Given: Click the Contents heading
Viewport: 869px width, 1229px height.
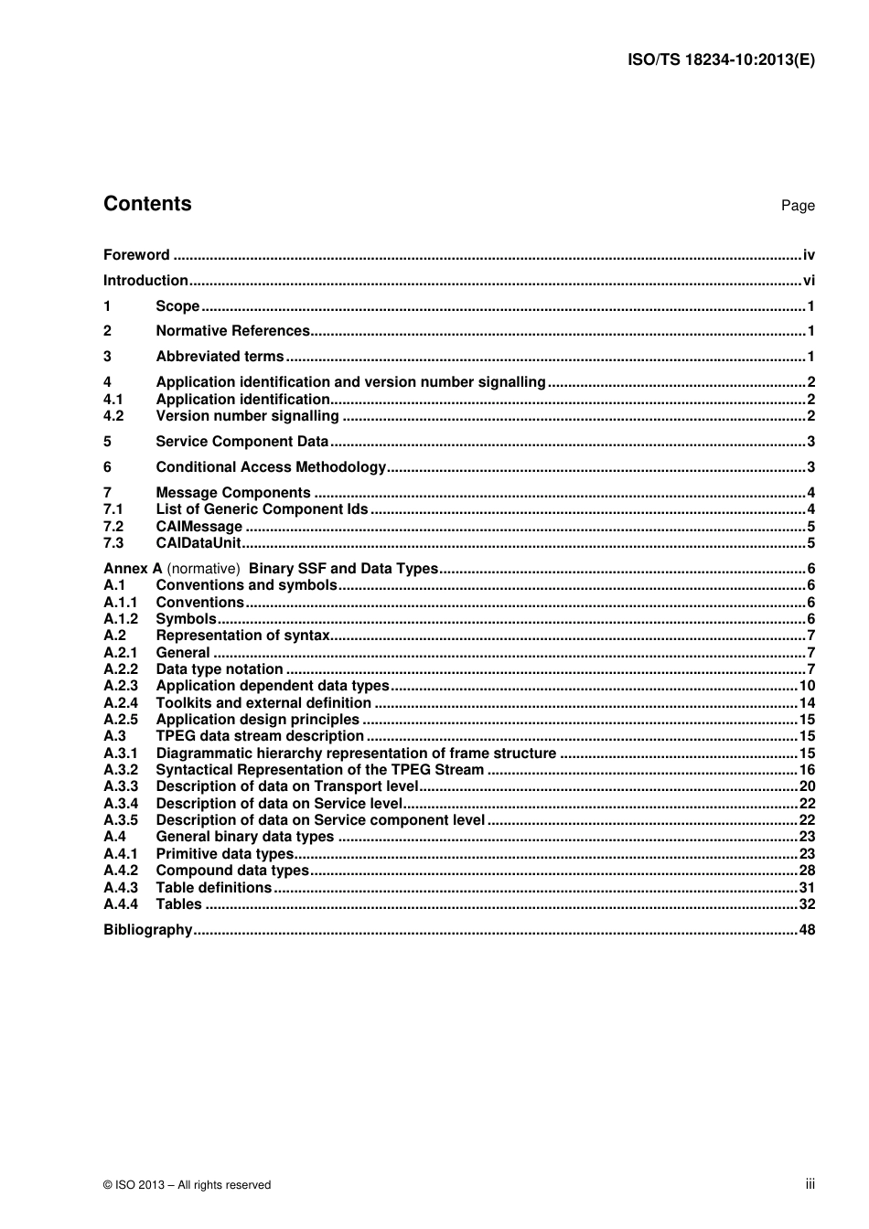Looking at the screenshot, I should click(x=147, y=204).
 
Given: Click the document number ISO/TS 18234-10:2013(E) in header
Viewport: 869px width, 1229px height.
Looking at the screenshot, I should click(x=721, y=60).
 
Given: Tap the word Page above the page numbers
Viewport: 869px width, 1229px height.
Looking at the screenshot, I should click(x=797, y=206).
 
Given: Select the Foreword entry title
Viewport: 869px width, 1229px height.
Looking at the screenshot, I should click(x=136, y=255).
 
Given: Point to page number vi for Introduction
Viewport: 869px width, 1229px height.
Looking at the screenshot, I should click(x=808, y=281).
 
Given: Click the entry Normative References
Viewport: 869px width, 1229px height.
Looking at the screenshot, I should click(x=232, y=331).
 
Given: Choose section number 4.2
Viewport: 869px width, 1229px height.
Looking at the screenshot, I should click(x=113, y=416).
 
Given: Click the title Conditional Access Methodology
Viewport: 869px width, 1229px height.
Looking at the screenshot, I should click(x=271, y=467).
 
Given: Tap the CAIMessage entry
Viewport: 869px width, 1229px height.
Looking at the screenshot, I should click(x=198, y=527).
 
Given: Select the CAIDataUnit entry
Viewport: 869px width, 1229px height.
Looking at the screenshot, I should click(x=198, y=543).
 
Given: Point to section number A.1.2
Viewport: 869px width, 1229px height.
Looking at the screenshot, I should click(x=120, y=619).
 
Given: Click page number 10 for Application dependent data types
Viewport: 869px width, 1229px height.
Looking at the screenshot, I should click(x=807, y=686).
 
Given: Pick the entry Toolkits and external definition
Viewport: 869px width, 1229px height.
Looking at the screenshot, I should click(x=263, y=703).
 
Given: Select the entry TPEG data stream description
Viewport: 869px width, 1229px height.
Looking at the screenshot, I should click(x=260, y=736).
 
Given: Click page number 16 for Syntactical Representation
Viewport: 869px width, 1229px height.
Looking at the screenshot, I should click(x=807, y=770).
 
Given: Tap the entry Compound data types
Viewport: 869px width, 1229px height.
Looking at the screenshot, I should click(x=232, y=871).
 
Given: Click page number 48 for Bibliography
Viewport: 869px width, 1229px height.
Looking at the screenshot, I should click(x=806, y=930).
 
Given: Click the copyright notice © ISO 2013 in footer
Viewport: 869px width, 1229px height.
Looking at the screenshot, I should click(x=187, y=1185).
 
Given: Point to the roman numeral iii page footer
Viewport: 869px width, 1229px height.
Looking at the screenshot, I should click(x=810, y=1184).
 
